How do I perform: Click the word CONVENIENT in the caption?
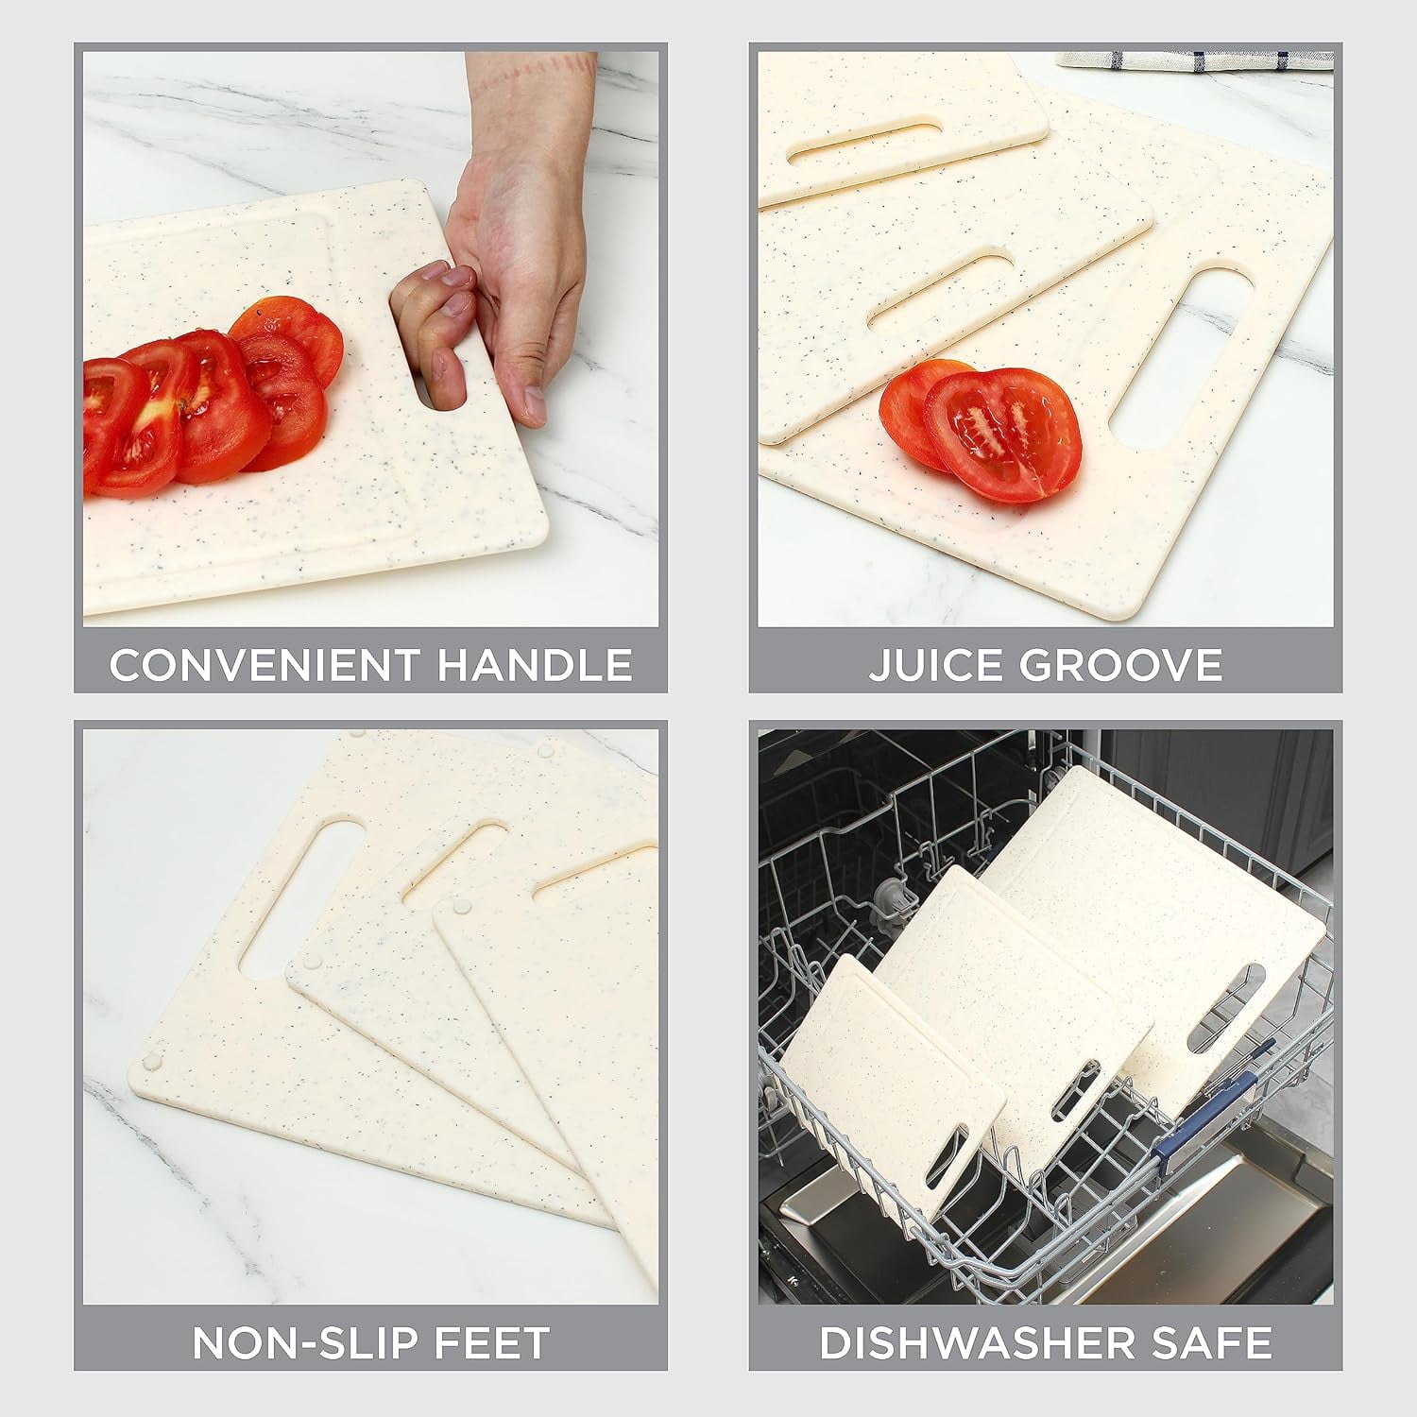coord(263,665)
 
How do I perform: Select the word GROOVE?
coord(1120,665)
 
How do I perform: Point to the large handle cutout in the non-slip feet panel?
coord(302,898)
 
